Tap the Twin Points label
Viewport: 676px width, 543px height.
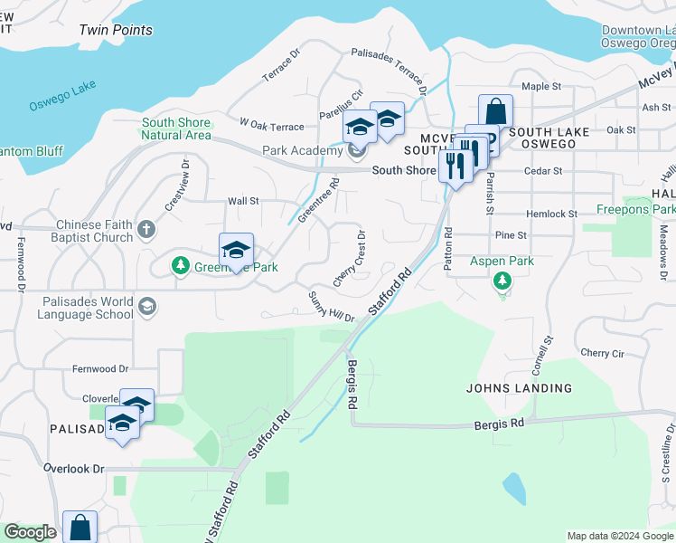(x=116, y=30)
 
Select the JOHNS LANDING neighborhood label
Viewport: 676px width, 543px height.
(x=519, y=388)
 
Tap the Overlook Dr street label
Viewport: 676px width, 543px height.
(x=74, y=469)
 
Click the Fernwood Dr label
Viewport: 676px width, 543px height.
(x=101, y=369)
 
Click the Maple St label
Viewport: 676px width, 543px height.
(x=541, y=87)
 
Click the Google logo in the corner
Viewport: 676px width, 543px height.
(x=30, y=532)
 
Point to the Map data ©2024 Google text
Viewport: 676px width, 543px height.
(x=620, y=536)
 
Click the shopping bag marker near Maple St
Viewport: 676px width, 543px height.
(x=495, y=113)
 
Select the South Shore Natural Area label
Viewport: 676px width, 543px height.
(x=176, y=129)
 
